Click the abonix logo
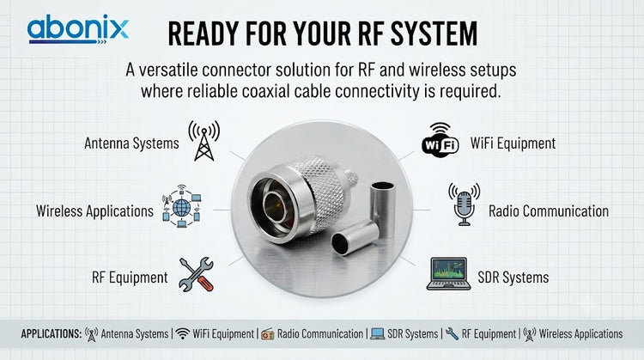pos(78,29)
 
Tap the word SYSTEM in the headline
pos(434,34)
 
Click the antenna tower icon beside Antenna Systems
pos(204,141)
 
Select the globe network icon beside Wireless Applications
pos(181,207)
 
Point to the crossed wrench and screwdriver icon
pos(197,275)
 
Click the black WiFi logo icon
pos(440,140)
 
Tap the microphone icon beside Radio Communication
pos(464,204)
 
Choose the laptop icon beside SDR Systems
pos(448,274)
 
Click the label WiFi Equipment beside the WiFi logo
pos(513,143)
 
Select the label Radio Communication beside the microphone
pos(549,211)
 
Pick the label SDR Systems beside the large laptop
pos(513,278)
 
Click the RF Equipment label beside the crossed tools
pos(130,278)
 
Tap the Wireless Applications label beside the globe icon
pos(94,211)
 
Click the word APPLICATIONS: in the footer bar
pos(52,333)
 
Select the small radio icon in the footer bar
pos(267,334)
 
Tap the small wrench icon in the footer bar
pos(452,333)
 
